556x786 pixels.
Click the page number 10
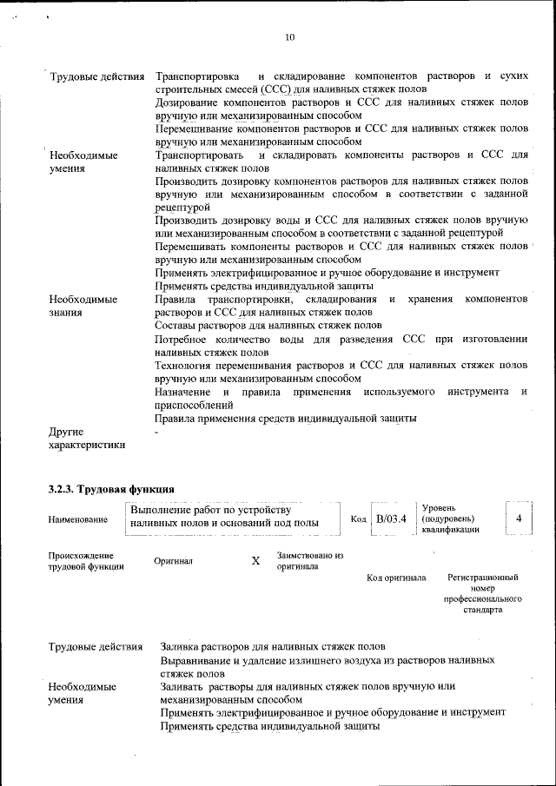[290, 36]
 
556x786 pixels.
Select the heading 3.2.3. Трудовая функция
[112, 490]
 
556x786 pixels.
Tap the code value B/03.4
[390, 519]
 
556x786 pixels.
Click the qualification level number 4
[519, 518]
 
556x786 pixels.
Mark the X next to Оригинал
[255, 561]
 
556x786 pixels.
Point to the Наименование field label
[79, 519]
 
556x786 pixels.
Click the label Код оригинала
[396, 578]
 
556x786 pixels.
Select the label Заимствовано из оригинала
[310, 561]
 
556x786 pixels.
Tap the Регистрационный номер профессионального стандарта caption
[482, 593]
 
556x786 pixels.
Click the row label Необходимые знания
[83, 306]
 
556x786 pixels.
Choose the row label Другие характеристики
[87, 438]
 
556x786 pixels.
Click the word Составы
[178, 326]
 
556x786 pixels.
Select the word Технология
[189, 366]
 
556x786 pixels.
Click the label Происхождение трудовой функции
[86, 561]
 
